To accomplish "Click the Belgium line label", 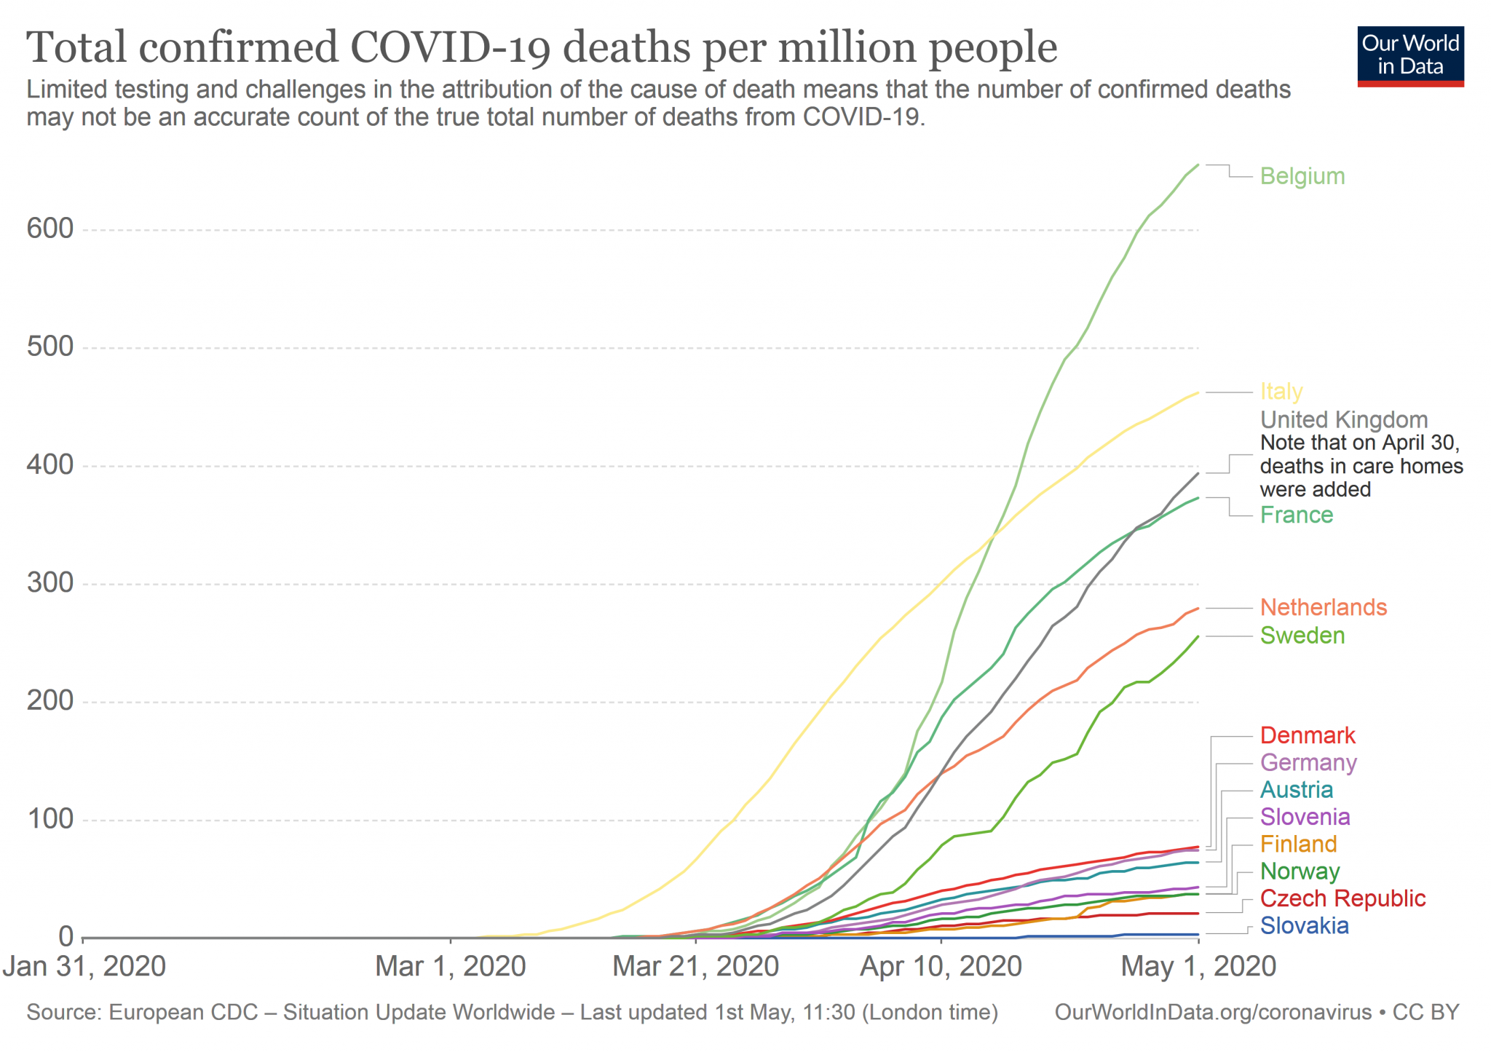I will (x=1302, y=176).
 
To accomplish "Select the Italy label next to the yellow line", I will (x=1281, y=392).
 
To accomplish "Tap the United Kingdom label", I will (x=1343, y=420).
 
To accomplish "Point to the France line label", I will (x=1296, y=515).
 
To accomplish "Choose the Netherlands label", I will (x=1323, y=607).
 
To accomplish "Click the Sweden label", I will (x=1302, y=636).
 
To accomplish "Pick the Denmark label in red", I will (x=1307, y=735).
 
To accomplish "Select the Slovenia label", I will (x=1305, y=817).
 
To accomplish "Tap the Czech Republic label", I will (x=1342, y=898).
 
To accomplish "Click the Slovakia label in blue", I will (x=1304, y=925).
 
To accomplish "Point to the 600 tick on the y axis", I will (x=50, y=229).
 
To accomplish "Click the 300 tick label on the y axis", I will (x=50, y=583).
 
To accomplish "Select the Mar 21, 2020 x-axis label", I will (x=695, y=966).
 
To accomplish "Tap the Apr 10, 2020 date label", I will (x=941, y=966).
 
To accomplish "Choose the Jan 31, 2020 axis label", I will (x=84, y=966).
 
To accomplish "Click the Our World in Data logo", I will (x=1409, y=56).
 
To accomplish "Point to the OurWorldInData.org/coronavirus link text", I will (x=1212, y=1013).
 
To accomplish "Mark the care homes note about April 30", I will (x=1361, y=466).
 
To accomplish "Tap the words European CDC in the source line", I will (x=183, y=1013).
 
